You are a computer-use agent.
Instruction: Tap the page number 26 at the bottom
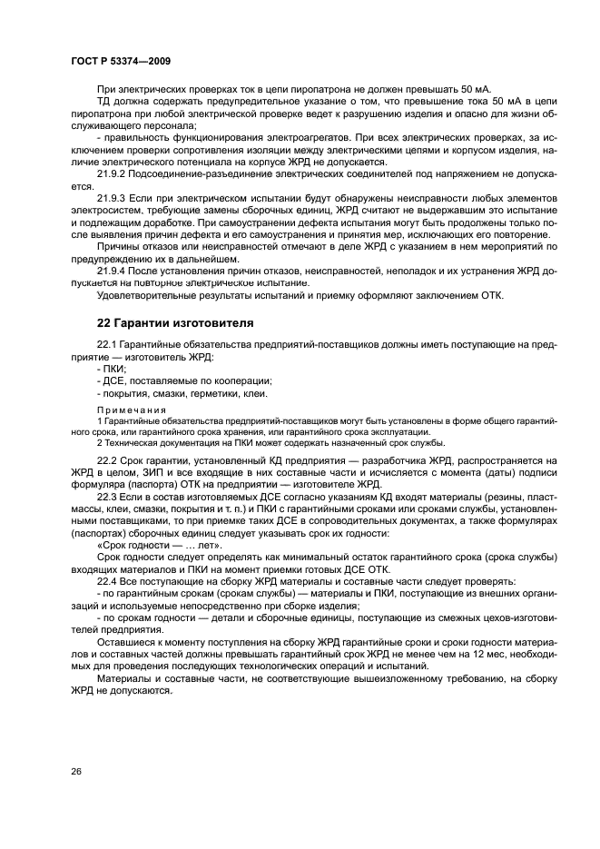pos(76,771)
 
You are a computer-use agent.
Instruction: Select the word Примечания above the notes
pos(126,410)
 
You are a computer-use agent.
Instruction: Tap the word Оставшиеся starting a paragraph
pos(126,640)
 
